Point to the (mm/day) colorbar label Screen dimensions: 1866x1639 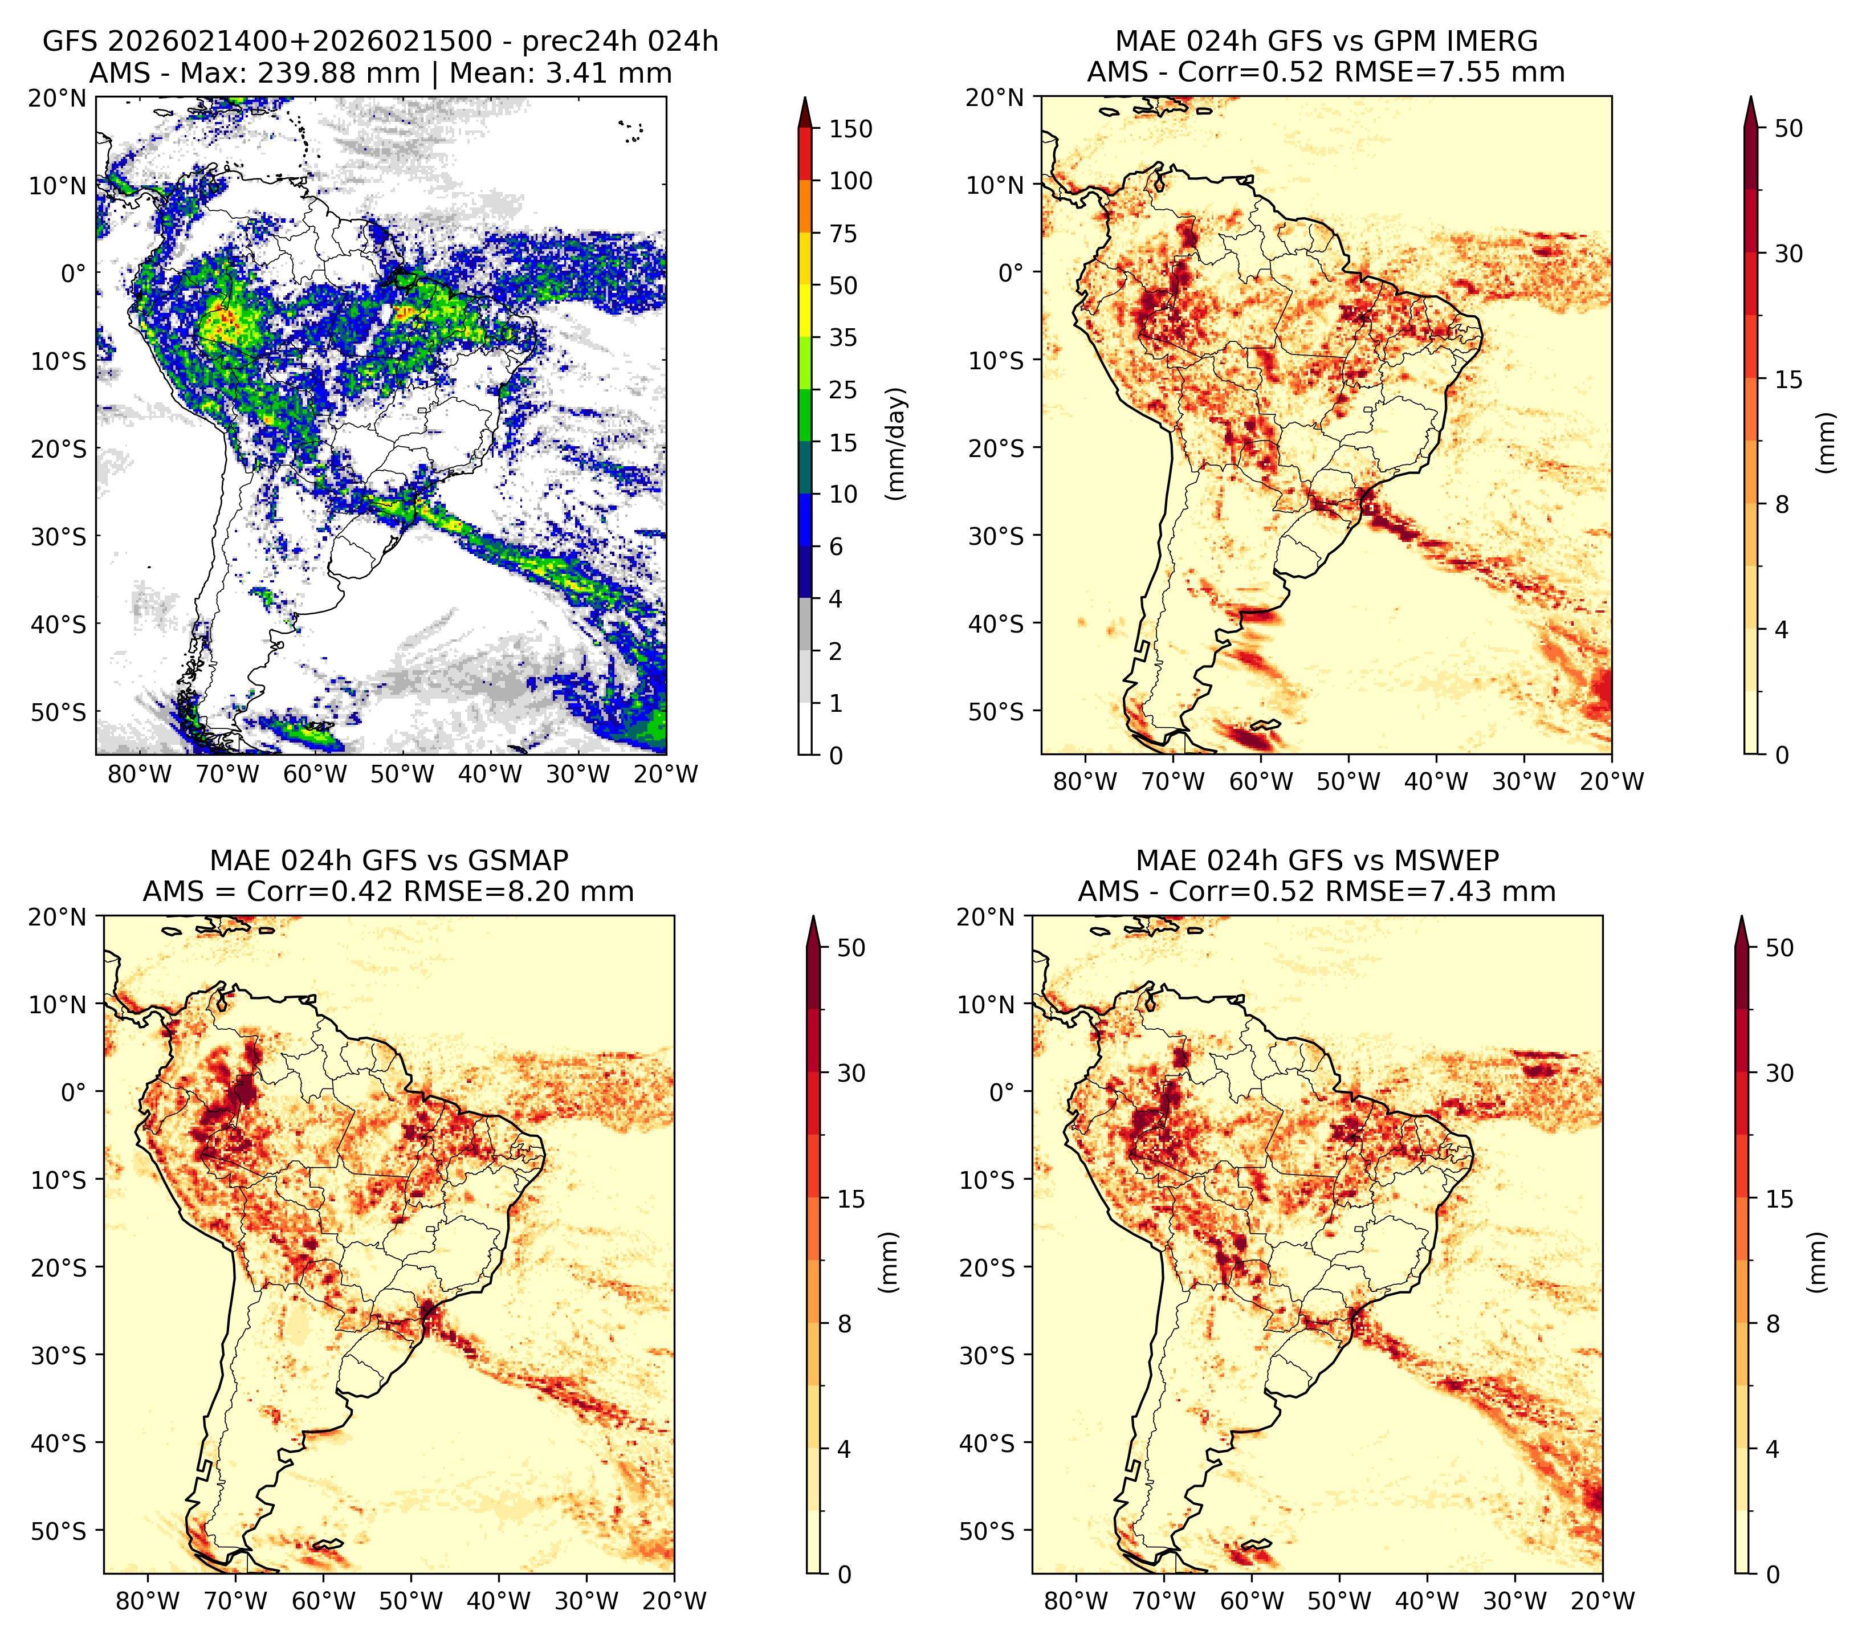(898, 443)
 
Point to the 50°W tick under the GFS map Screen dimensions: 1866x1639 (402, 775)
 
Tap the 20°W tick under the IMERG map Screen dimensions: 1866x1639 (1611, 781)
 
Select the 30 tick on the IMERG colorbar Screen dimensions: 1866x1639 (1788, 254)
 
